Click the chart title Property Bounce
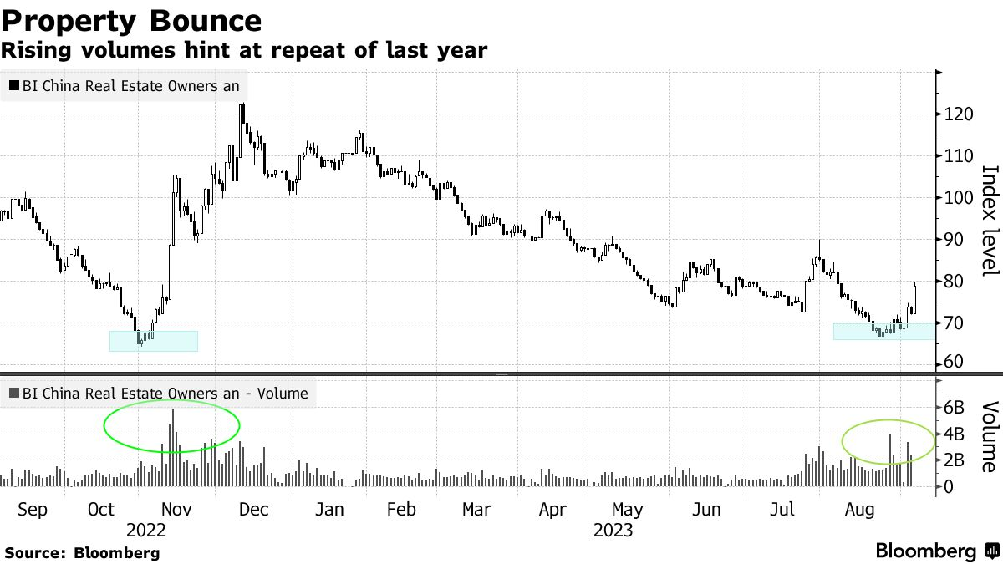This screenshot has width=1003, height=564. (x=131, y=19)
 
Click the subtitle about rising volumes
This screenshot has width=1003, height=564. (x=244, y=50)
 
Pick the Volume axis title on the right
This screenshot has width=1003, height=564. (x=990, y=437)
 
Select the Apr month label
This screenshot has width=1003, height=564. (x=552, y=510)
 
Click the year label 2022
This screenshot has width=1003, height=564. (x=146, y=530)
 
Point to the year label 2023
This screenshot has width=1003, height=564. (x=613, y=530)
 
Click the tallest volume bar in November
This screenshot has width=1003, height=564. (x=173, y=448)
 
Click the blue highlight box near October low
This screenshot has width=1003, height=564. (x=154, y=341)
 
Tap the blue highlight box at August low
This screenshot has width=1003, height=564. (x=883, y=332)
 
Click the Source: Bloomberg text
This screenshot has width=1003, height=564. (x=81, y=552)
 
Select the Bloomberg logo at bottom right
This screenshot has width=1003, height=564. (x=936, y=551)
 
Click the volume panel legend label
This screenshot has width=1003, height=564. (x=159, y=393)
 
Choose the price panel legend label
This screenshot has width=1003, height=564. (x=125, y=85)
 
